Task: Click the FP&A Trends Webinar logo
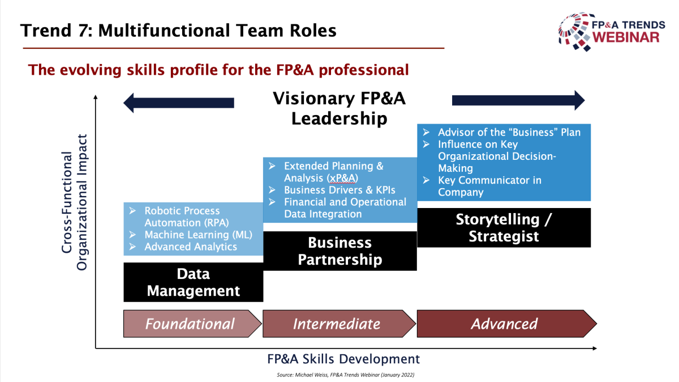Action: click(x=612, y=32)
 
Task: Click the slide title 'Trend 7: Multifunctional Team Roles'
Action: click(x=178, y=31)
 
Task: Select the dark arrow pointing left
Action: click(x=179, y=103)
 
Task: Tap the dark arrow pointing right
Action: click(x=518, y=100)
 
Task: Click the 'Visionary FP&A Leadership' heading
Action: click(x=339, y=108)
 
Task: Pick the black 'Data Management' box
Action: click(x=194, y=282)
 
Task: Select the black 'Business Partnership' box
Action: click(x=340, y=251)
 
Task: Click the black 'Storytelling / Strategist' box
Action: click(x=504, y=227)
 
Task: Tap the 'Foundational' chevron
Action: click(x=192, y=324)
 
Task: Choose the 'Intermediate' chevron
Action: click(x=339, y=324)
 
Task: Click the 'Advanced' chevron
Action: click(x=507, y=324)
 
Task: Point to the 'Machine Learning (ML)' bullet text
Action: click(x=198, y=235)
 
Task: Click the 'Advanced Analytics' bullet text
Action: click(x=191, y=247)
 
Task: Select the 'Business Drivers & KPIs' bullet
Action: click(x=339, y=190)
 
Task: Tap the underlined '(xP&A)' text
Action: click(x=342, y=178)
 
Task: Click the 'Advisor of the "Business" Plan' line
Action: click(x=509, y=133)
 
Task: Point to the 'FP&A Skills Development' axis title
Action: click(x=343, y=359)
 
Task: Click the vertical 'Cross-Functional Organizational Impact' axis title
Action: click(x=75, y=202)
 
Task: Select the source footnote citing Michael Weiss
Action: click(x=346, y=375)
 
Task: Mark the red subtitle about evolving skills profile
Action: click(x=218, y=70)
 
